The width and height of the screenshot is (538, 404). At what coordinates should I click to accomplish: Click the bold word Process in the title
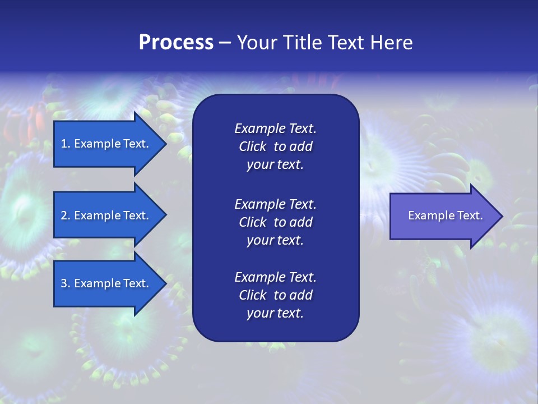(x=176, y=43)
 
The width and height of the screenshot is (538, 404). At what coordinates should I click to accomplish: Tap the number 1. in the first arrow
(x=66, y=144)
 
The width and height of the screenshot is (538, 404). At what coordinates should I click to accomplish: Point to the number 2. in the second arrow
(x=66, y=215)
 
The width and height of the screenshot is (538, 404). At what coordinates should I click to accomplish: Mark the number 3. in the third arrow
(x=66, y=283)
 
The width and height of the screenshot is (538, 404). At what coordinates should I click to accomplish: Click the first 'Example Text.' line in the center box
(x=275, y=128)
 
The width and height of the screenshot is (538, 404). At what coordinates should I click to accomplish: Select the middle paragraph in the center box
(x=275, y=222)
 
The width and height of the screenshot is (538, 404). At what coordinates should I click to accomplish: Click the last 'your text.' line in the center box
(x=275, y=313)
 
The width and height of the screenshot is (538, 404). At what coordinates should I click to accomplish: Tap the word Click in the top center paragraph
(x=253, y=146)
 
